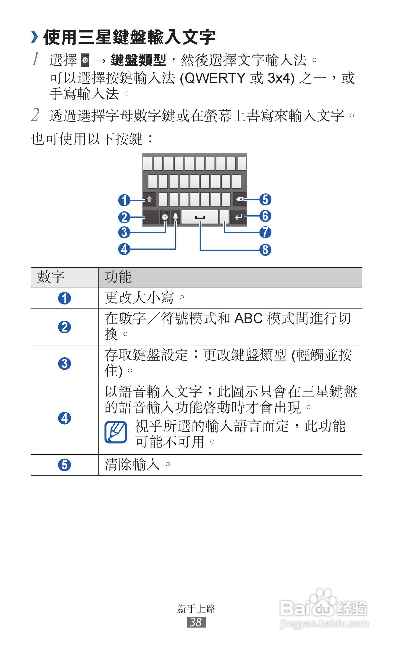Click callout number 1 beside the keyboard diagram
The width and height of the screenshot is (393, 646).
pyautogui.click(x=124, y=200)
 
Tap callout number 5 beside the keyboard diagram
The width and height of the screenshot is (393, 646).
pyautogui.click(x=265, y=199)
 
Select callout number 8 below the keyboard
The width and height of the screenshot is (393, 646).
pyautogui.click(x=265, y=250)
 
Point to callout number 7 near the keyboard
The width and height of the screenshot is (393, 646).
pyautogui.click(x=265, y=233)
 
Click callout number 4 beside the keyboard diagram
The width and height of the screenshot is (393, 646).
pyautogui.click(x=124, y=249)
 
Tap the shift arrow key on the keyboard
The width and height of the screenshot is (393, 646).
pyautogui.click(x=149, y=200)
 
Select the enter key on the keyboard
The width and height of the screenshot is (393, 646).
pyautogui.click(x=238, y=217)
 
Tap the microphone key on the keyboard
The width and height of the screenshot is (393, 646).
pyautogui.click(x=176, y=217)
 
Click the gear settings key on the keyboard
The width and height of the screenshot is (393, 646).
pyautogui.click(x=165, y=217)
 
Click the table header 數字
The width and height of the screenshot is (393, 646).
pyautogui.click(x=51, y=277)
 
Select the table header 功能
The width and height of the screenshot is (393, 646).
pyautogui.click(x=118, y=277)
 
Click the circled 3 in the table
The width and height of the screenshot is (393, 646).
pyautogui.click(x=64, y=364)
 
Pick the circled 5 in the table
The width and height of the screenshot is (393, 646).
pyautogui.click(x=64, y=465)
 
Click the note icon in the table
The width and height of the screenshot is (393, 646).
pyautogui.click(x=116, y=432)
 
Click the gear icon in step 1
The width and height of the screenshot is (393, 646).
pyautogui.click(x=85, y=60)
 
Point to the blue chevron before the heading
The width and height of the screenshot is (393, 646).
pyautogui.click(x=34, y=37)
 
